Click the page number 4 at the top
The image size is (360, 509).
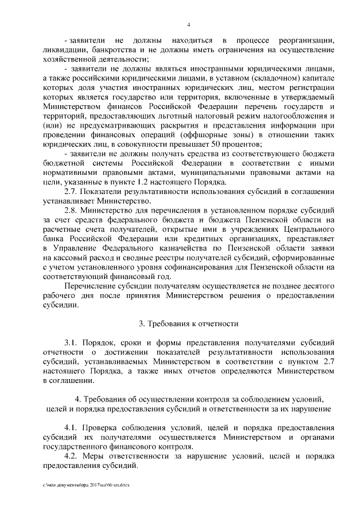(x=189, y=24)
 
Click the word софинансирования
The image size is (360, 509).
(x=217, y=267)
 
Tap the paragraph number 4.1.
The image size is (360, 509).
(x=72, y=427)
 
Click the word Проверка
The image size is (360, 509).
(x=106, y=427)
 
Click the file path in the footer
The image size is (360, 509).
(x=86, y=484)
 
